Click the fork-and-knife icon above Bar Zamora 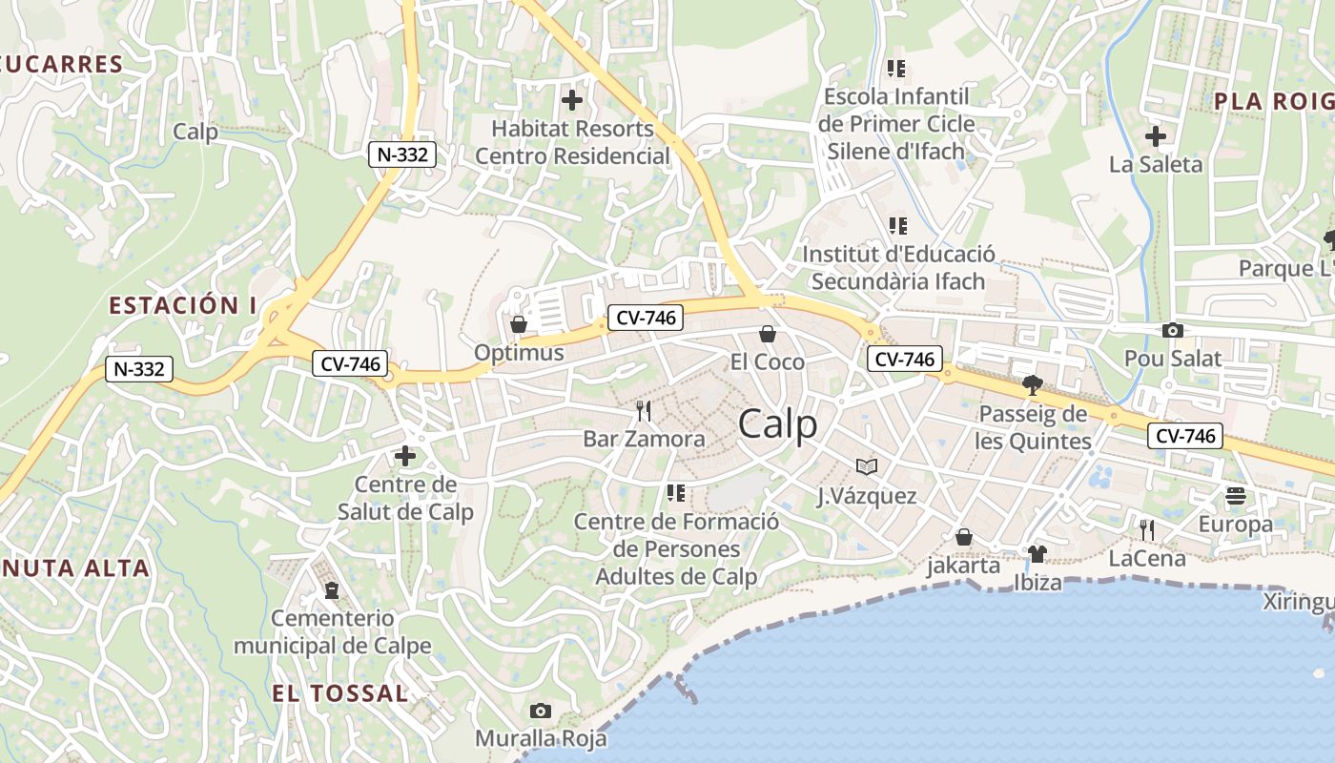tap(644, 411)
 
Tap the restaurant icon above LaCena tap(1147, 530)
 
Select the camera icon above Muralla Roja tap(541, 711)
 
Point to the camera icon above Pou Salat tap(1173, 331)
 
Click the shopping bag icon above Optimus tap(519, 325)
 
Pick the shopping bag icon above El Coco tap(767, 334)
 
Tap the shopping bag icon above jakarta tap(964, 537)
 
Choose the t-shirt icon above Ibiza tap(1037, 553)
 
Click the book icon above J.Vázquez tap(866, 466)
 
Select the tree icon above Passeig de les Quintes tap(1031, 385)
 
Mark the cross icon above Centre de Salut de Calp tap(405, 456)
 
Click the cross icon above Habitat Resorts tap(572, 99)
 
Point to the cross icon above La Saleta tap(1156, 136)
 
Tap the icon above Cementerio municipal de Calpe tap(332, 590)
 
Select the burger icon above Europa tap(1236, 496)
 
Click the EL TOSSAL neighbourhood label tap(339, 693)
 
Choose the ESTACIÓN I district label tap(183, 305)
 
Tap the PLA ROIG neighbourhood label tap(1273, 101)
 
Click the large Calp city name tap(778, 424)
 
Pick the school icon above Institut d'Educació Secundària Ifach tap(897, 226)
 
